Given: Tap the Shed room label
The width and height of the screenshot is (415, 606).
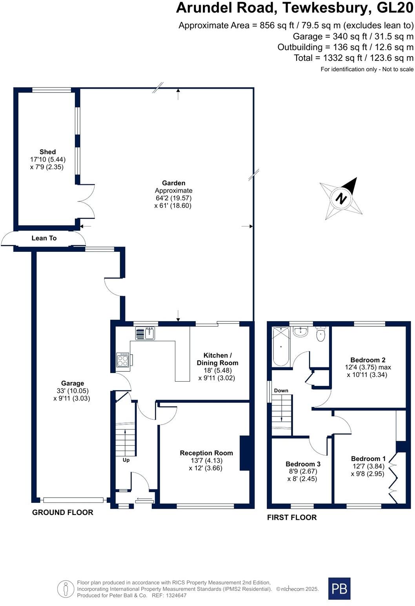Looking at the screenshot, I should (47, 152).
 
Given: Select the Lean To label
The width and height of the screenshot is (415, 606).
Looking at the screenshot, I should (44, 238).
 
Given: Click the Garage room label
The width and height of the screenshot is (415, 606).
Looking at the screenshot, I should (72, 383).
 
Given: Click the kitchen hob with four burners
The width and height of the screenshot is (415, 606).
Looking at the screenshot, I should (123, 360).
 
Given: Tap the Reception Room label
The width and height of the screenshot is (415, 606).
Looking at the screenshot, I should (206, 453).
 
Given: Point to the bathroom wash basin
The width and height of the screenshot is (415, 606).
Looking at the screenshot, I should (300, 332).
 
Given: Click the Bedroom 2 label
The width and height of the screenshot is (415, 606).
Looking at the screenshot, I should (368, 360).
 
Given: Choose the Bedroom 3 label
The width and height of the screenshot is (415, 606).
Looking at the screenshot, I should (303, 464).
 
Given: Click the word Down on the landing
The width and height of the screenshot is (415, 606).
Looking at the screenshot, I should (281, 391).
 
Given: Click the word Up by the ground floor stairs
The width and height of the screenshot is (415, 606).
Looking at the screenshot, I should (126, 460).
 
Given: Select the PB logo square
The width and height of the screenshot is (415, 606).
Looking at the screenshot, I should (339, 588).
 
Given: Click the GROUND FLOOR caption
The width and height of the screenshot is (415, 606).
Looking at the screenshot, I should (63, 512).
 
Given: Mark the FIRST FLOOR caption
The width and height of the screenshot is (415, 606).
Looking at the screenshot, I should (292, 517).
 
